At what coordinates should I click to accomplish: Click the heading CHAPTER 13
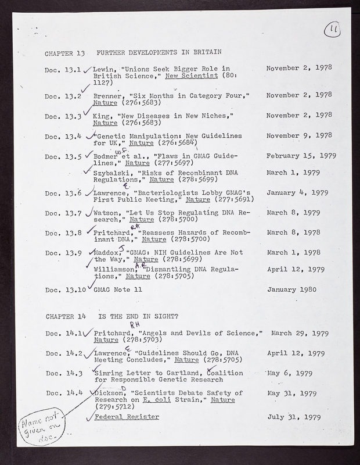(x=65, y=53)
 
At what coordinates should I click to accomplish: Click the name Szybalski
(x=111, y=172)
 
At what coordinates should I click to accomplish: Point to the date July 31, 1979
(x=295, y=416)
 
